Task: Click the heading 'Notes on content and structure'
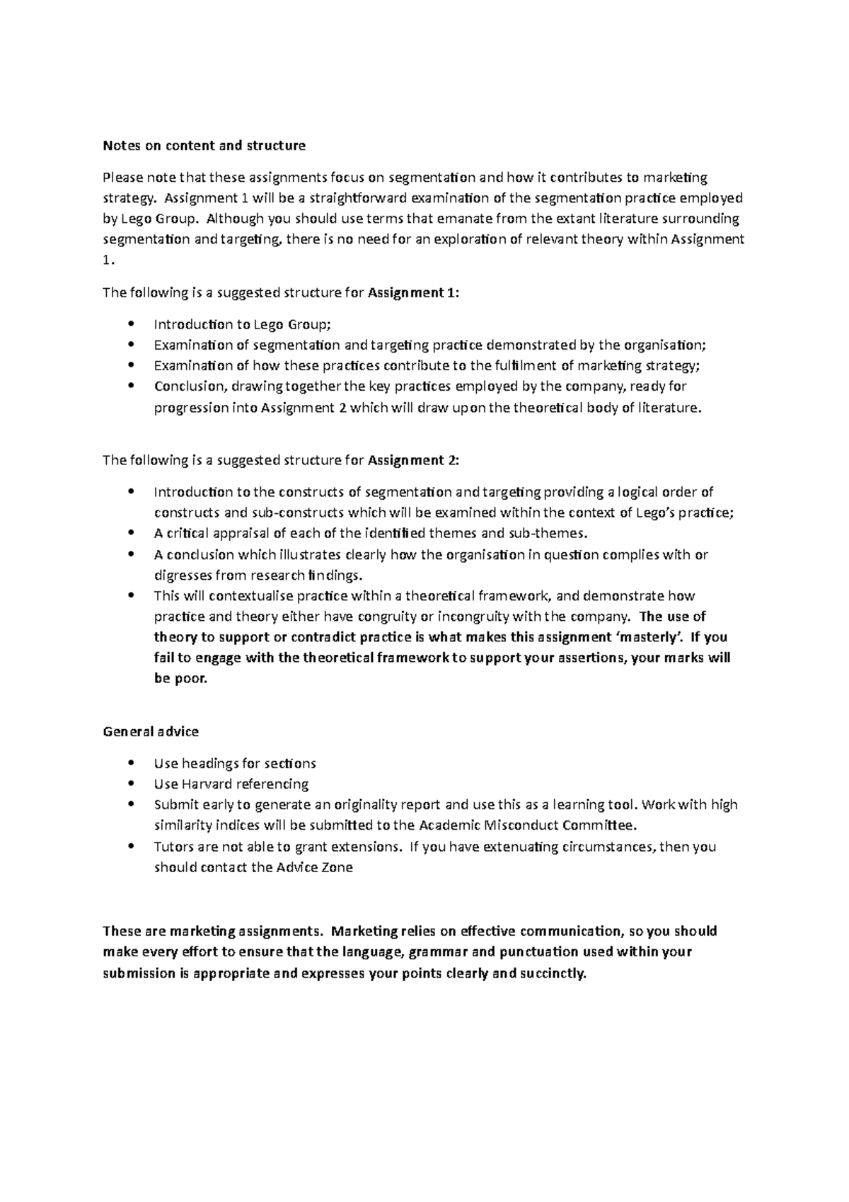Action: [x=204, y=146]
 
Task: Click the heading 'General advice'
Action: [x=151, y=731]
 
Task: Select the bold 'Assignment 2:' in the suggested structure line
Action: [x=414, y=460]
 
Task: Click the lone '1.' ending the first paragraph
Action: [x=108, y=261]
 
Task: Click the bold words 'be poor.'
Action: [x=180, y=679]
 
